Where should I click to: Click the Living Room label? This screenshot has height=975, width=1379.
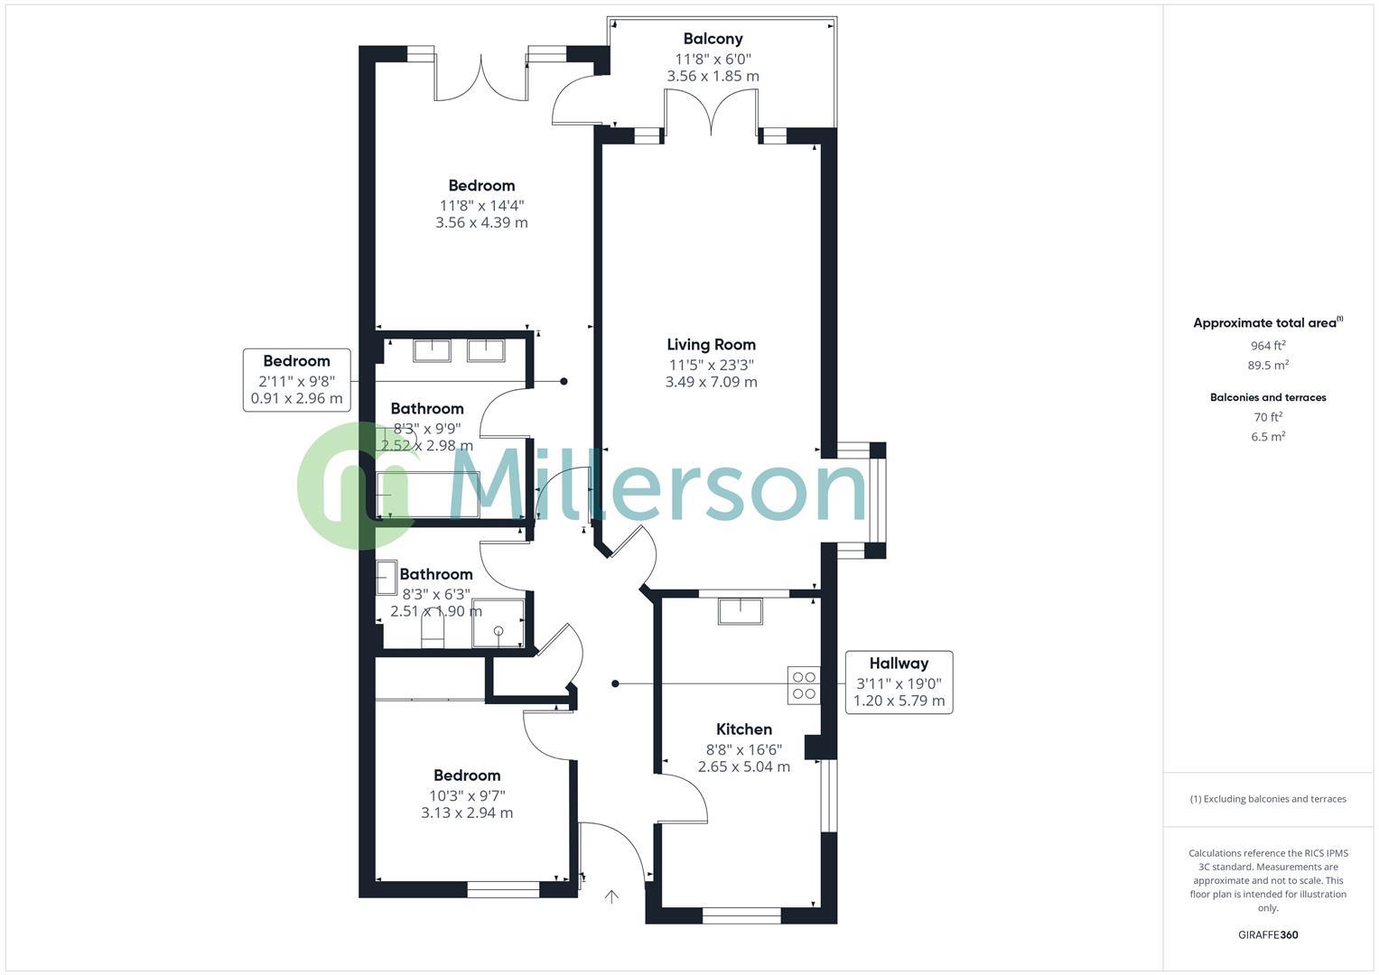tap(711, 344)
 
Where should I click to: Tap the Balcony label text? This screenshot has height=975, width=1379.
tap(713, 39)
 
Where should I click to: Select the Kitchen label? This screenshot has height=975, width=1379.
tap(743, 729)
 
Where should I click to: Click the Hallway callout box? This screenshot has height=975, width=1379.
tap(899, 682)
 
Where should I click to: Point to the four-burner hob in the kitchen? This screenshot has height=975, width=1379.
tap(804, 685)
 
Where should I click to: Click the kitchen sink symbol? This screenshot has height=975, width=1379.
tap(740, 611)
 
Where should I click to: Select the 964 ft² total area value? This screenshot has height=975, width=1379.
tap(1267, 346)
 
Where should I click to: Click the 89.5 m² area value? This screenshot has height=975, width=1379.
tap(1267, 366)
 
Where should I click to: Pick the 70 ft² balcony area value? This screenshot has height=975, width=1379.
tap(1267, 417)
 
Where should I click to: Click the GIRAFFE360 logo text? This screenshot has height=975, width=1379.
tap(1267, 934)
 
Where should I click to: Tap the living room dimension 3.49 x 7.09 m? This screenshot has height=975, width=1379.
tap(711, 382)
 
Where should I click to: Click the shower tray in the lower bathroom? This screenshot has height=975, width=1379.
tap(497, 623)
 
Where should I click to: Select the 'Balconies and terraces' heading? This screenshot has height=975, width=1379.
tap(1267, 397)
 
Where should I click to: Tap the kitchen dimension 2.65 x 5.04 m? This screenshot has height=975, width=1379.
tap(743, 767)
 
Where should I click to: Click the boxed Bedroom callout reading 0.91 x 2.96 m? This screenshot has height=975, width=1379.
tap(296, 380)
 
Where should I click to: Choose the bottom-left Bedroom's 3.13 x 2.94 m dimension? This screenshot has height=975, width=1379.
tap(466, 813)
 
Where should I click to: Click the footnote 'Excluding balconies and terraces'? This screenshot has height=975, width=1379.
tap(1267, 799)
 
